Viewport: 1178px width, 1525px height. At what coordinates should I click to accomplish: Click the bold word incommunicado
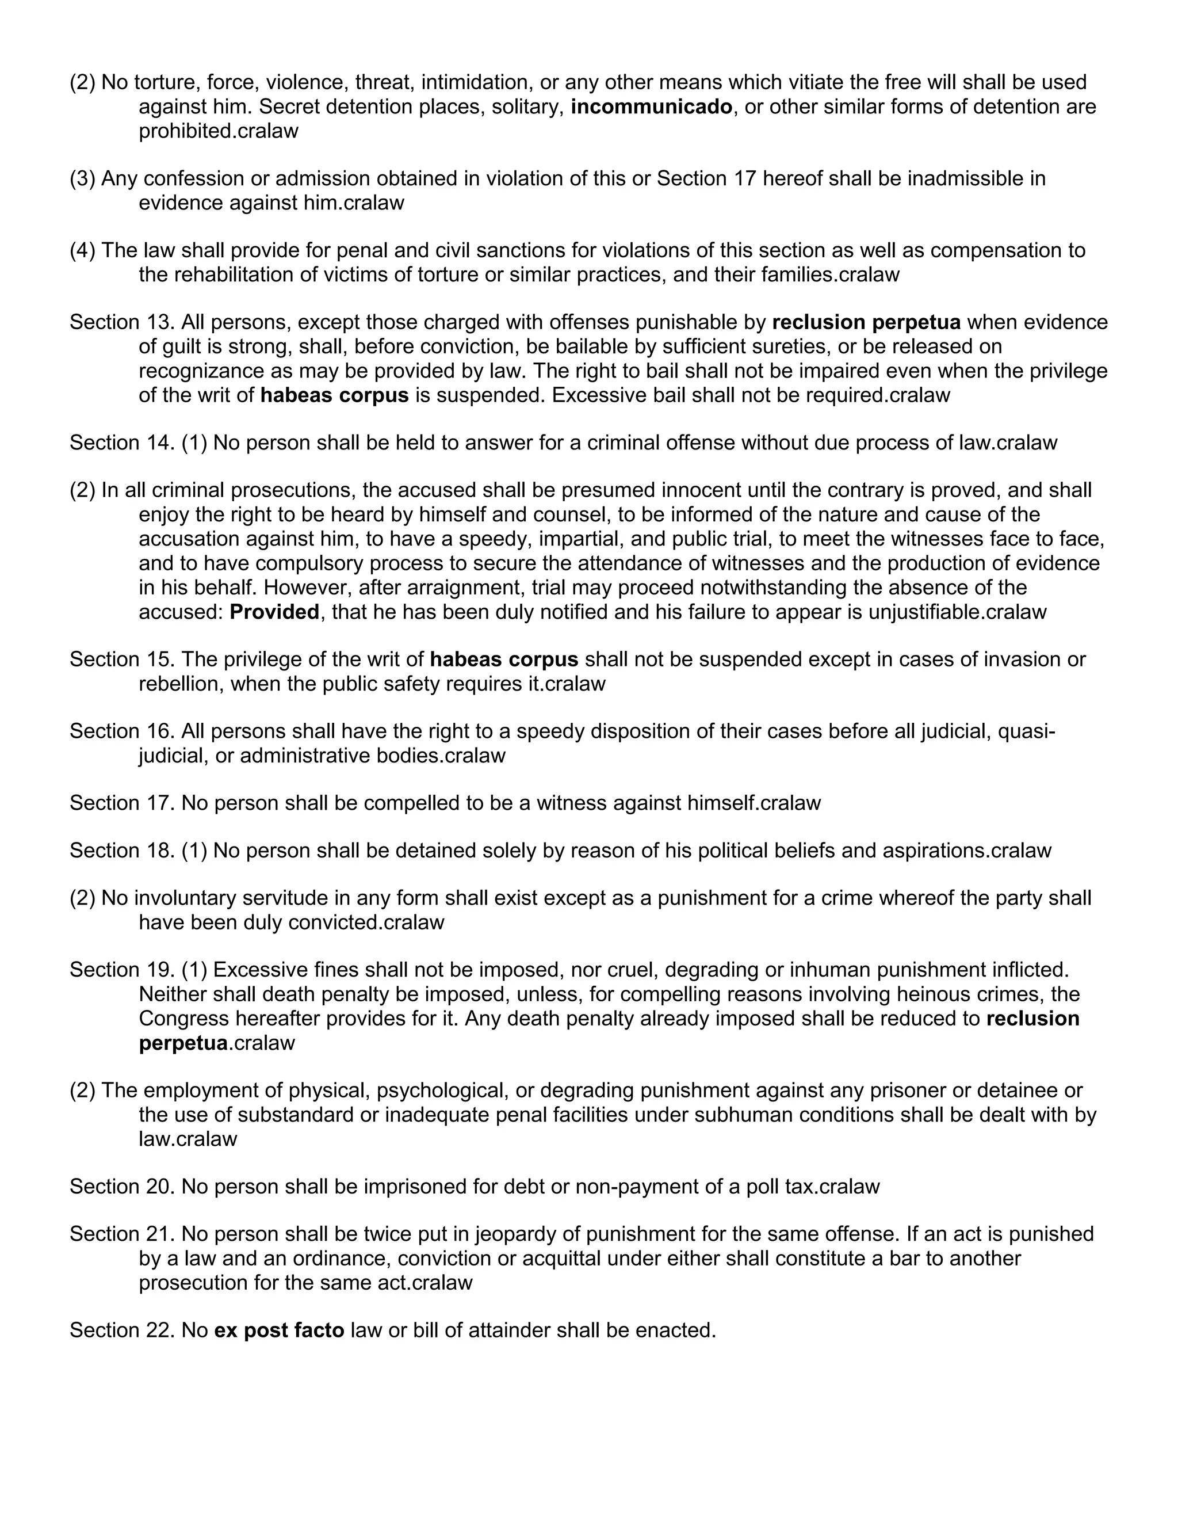click(651, 107)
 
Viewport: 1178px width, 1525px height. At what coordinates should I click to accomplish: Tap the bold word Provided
click(274, 612)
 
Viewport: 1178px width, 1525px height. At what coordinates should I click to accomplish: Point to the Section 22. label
click(121, 1330)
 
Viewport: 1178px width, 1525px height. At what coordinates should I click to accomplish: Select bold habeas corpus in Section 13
click(334, 395)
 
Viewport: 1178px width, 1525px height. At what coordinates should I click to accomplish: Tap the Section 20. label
click(121, 1187)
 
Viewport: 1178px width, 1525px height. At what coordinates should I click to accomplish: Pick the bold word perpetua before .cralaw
click(183, 1043)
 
